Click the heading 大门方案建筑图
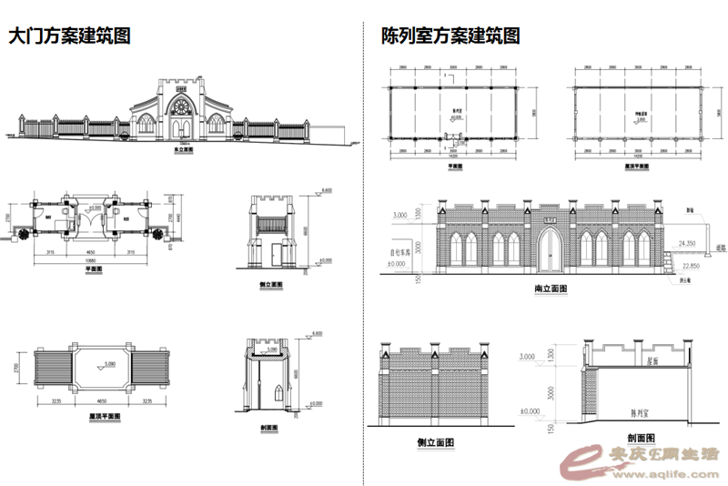69,37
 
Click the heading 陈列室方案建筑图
451,37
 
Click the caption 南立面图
551,289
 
